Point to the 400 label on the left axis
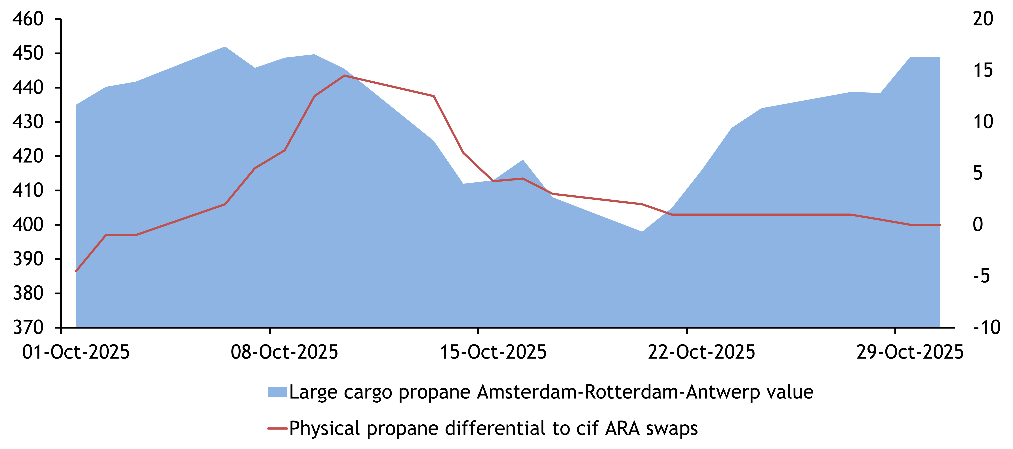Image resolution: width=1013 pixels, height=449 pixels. click(x=27, y=225)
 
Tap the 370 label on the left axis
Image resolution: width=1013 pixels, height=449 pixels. click(x=27, y=327)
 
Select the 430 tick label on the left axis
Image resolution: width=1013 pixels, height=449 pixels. click(x=27, y=122)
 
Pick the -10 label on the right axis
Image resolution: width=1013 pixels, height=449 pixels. click(x=986, y=327)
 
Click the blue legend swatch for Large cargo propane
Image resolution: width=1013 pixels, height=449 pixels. click(x=277, y=392)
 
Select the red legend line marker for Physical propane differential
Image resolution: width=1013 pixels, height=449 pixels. click(x=277, y=428)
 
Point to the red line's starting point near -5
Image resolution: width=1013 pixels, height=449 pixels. click(x=76, y=271)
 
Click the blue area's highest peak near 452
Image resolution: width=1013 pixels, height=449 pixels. click(x=225, y=47)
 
